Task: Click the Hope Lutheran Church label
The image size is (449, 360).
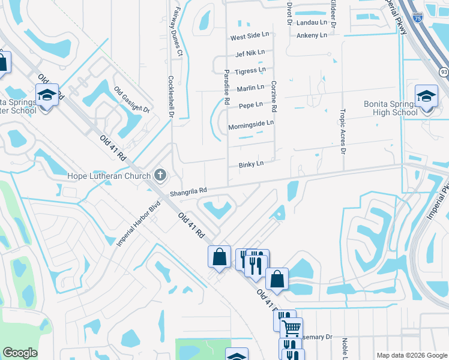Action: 109,176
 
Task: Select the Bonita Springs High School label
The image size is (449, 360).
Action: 390,108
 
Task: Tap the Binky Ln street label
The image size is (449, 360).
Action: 251,164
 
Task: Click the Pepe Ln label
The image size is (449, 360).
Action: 250,105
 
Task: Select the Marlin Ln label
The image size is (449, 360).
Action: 250,88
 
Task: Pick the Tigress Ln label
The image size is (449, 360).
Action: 250,71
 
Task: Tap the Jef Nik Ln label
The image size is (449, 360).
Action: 250,53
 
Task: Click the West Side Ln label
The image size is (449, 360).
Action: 250,37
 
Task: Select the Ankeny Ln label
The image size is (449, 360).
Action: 312,35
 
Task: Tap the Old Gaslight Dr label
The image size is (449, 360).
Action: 131,100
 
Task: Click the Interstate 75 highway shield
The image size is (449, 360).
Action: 417,17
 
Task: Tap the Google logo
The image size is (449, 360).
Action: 20,353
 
